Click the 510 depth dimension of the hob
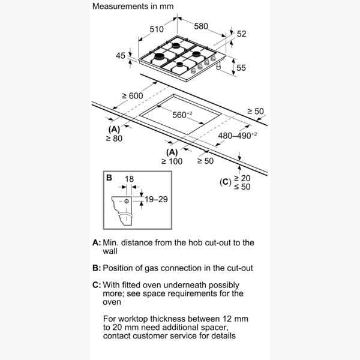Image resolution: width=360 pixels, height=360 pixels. [x=156, y=29]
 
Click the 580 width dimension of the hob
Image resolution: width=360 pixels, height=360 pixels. [x=200, y=26]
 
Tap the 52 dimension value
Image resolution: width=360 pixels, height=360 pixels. [x=241, y=34]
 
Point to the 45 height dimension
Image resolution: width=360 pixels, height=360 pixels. [x=120, y=56]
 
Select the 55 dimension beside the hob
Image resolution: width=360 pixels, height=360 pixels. [x=241, y=68]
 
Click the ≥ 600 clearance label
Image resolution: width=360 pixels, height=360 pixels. [x=132, y=97]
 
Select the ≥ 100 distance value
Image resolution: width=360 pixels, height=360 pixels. [x=172, y=161]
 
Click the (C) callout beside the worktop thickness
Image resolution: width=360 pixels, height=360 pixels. [x=224, y=182]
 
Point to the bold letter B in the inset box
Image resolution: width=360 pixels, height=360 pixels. [x=109, y=178]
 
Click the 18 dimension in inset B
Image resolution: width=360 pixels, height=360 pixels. [x=130, y=179]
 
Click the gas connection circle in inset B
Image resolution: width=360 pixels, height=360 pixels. [x=126, y=202]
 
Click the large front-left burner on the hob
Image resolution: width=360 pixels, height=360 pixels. [x=160, y=58]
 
